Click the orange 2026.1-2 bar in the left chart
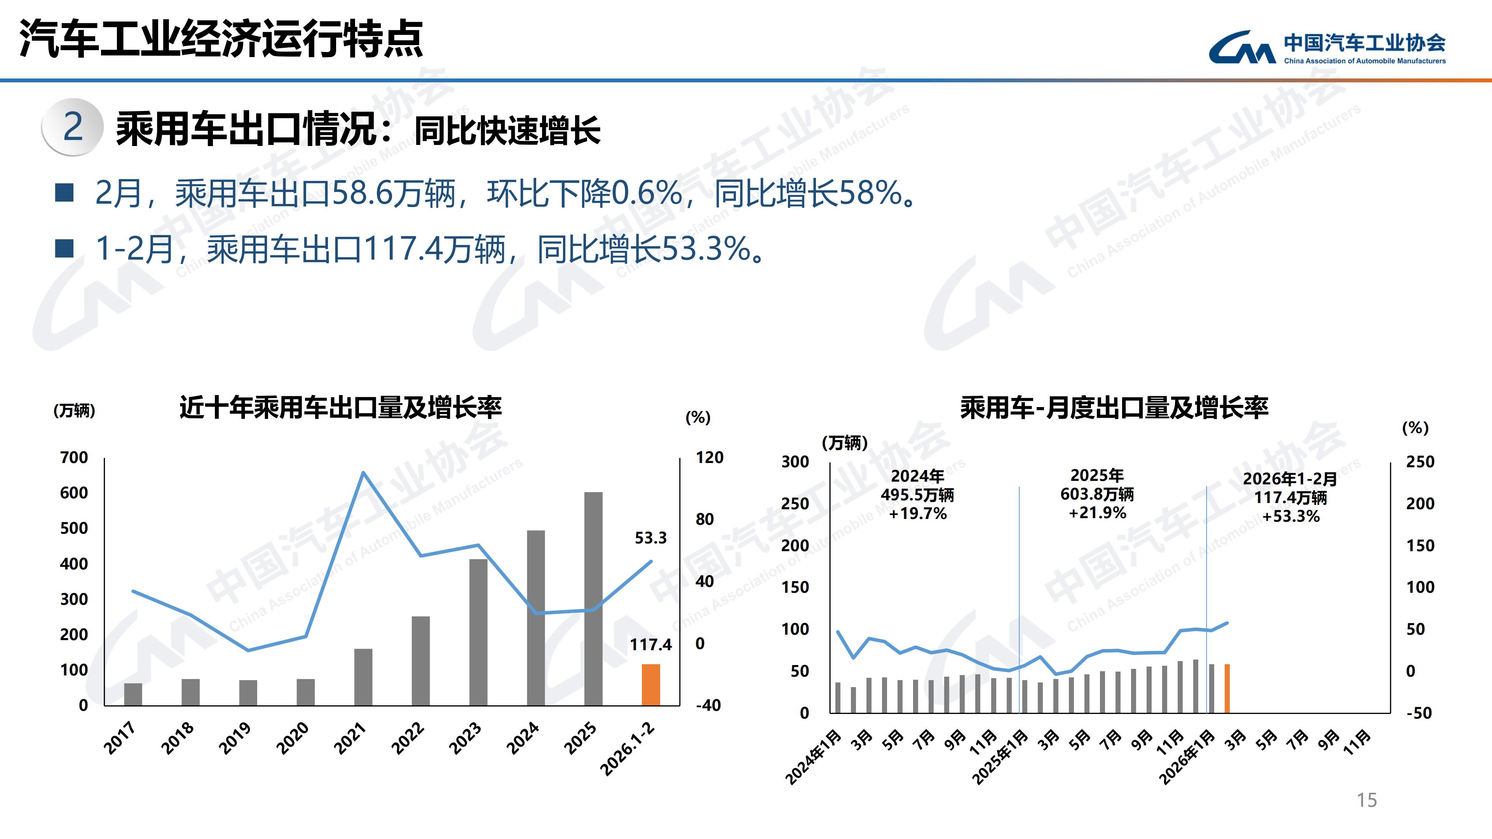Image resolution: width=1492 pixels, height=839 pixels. pyautogui.click(x=650, y=684)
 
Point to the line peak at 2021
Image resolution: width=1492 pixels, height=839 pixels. pyautogui.click(x=363, y=473)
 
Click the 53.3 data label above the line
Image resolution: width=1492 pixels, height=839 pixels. pyautogui.click(x=650, y=538)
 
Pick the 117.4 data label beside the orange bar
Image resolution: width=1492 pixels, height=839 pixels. pyautogui.click(x=650, y=644)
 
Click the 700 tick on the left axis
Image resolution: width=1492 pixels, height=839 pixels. pyautogui.click(x=74, y=458)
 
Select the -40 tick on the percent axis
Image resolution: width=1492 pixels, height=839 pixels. pyautogui.click(x=708, y=705)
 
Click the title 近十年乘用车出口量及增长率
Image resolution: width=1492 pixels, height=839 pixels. pyautogui.click(x=341, y=407)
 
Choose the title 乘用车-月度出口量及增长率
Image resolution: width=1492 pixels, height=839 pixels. pyautogui.click(x=1114, y=407)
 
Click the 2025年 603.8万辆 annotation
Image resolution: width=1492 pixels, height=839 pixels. pyautogui.click(x=1097, y=494)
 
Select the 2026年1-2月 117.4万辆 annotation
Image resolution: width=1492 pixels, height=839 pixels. pyautogui.click(x=1290, y=497)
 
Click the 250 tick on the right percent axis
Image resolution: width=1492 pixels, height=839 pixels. pyautogui.click(x=1420, y=462)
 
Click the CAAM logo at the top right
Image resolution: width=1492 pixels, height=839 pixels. pyautogui.click(x=1326, y=47)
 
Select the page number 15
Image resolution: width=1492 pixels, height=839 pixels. pyautogui.click(x=1367, y=800)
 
